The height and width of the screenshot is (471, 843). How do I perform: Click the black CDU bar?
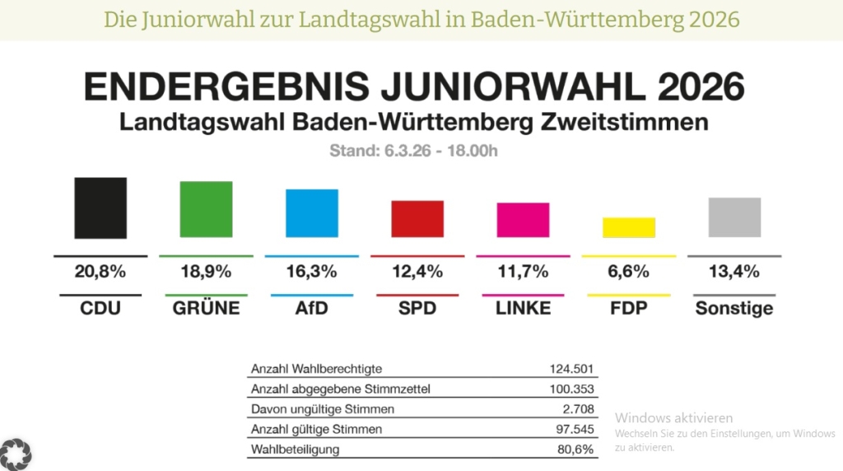[x=100, y=208]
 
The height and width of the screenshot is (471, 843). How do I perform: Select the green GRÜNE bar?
[x=206, y=209]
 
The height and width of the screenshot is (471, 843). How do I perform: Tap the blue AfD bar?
[x=311, y=213]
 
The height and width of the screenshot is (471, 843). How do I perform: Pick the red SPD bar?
[x=417, y=219]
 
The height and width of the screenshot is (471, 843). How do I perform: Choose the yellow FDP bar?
[x=628, y=227]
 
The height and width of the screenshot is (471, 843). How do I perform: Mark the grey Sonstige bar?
[x=734, y=217]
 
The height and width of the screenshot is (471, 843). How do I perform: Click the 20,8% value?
[x=100, y=271]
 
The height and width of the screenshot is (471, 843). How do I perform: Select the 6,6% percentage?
[x=628, y=271]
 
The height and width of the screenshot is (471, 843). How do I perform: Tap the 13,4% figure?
[x=734, y=271]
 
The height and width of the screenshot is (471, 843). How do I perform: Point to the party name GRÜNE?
[x=206, y=309]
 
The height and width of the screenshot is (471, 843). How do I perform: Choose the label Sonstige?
[x=734, y=309]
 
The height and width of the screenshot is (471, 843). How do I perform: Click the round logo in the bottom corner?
[x=16, y=452]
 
